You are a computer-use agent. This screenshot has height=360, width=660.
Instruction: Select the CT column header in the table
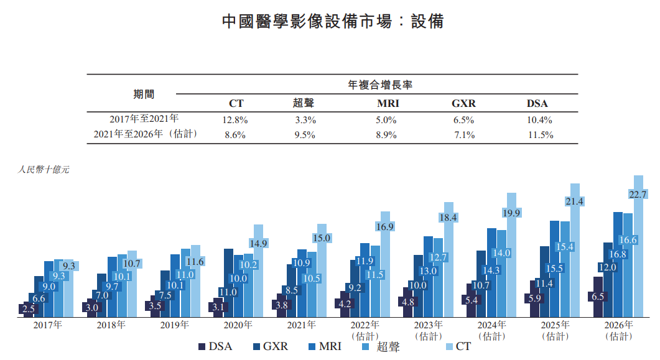click(x=236, y=104)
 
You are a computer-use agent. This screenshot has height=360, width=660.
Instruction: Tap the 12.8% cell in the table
click(x=236, y=120)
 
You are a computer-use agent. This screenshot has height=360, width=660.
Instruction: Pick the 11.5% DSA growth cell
click(x=539, y=135)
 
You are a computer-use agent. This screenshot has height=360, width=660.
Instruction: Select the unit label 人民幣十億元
click(x=44, y=170)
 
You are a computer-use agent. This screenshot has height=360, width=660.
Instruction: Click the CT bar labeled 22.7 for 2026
click(x=638, y=249)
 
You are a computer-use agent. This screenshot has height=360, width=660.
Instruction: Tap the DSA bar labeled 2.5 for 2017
click(x=28, y=309)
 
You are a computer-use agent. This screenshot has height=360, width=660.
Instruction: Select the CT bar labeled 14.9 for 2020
click(x=258, y=274)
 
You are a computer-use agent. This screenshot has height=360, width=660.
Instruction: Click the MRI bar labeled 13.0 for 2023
click(x=429, y=277)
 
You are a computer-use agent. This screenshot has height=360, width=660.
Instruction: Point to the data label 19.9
click(x=511, y=213)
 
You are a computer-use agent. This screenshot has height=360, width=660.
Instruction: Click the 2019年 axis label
click(x=174, y=325)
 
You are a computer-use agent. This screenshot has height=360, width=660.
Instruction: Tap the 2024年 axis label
click(x=493, y=325)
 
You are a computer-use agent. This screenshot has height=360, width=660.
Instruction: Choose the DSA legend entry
click(x=215, y=346)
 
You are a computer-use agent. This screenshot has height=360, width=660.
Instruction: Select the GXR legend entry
click(x=270, y=346)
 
